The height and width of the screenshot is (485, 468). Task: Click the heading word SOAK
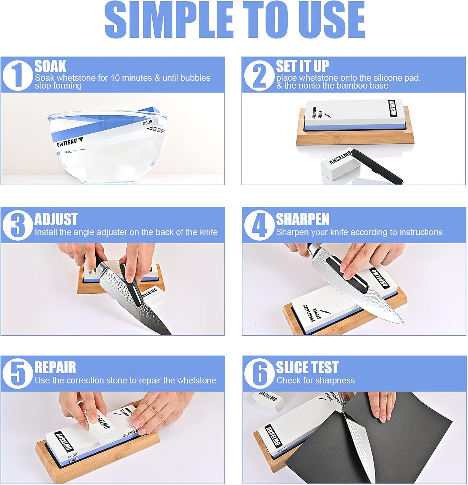click(x=50, y=66)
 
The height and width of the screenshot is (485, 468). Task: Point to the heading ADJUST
click(x=56, y=219)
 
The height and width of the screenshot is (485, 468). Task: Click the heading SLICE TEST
click(x=307, y=368)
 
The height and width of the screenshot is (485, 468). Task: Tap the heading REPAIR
click(x=55, y=368)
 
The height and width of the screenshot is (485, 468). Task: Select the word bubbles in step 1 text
click(x=195, y=78)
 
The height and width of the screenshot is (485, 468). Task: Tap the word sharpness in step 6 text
click(x=336, y=381)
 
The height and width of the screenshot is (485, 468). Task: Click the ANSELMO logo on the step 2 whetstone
click(x=393, y=108)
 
